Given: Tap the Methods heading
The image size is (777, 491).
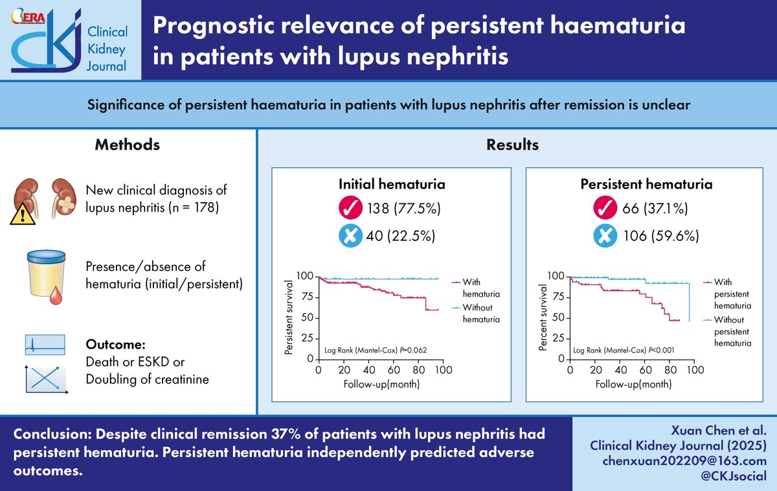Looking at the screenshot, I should click(127, 144).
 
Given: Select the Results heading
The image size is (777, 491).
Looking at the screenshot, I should click(512, 144).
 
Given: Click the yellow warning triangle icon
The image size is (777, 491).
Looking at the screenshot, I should click(23, 212).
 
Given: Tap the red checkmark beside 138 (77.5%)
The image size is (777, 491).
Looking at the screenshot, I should click(351, 209).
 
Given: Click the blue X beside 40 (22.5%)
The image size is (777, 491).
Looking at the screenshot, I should click(351, 236).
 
